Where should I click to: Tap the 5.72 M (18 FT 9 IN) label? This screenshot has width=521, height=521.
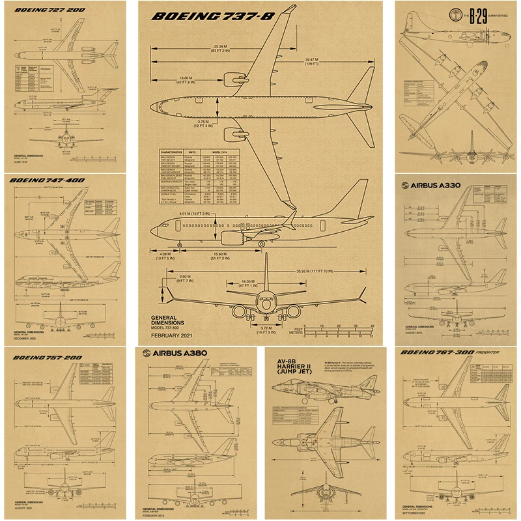pos(264,329)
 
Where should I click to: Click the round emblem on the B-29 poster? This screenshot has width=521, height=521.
pos(457,18)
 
